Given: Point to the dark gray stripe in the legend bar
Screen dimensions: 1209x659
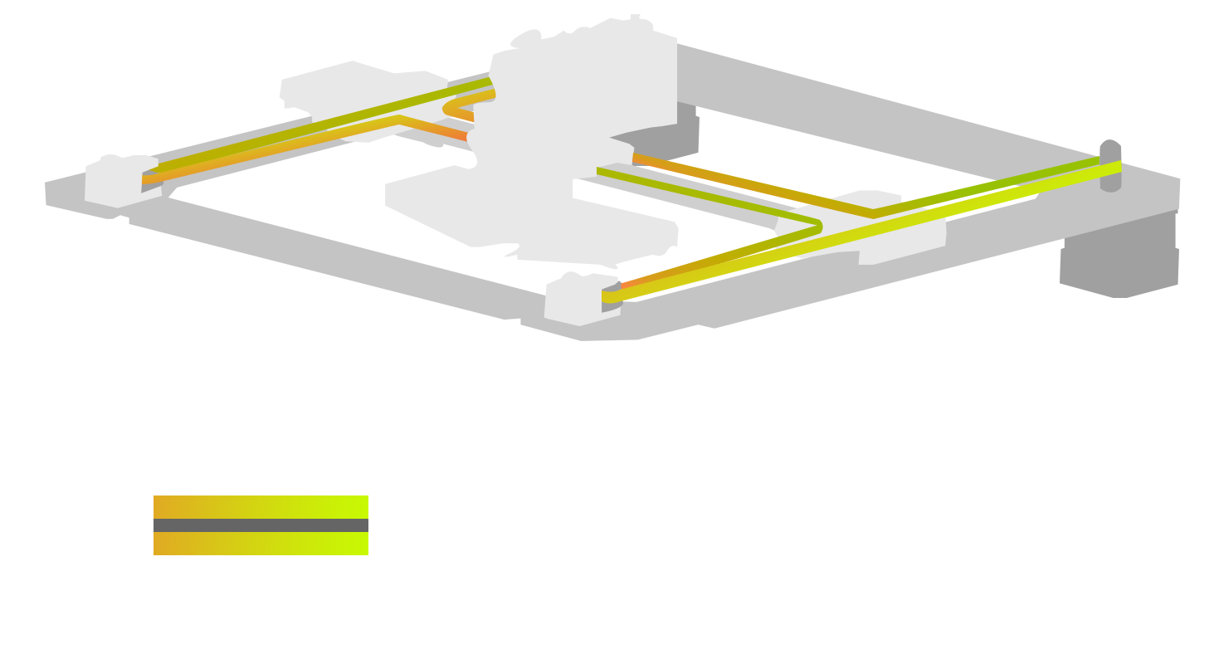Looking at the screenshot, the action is click(261, 525).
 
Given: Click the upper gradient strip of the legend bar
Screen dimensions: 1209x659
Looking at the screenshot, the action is click(261, 507).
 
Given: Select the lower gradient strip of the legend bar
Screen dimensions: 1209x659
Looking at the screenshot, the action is click(261, 544).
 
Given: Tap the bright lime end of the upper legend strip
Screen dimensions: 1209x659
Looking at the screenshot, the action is click(357, 507).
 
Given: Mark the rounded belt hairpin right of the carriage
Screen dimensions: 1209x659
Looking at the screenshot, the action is click(818, 226).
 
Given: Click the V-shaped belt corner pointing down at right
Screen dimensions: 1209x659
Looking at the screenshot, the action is click(873, 213).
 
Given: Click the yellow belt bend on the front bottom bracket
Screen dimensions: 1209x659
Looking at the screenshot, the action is click(611, 296).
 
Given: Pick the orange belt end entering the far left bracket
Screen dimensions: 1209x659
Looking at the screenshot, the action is click(149, 178).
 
